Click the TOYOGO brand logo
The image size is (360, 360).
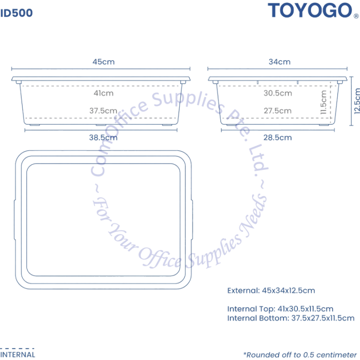tap(310, 10)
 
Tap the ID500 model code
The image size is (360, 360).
tap(16, 13)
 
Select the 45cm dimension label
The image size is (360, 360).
tap(103, 62)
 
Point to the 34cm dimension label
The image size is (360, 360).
tap(279, 62)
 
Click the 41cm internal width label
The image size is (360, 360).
tap(103, 93)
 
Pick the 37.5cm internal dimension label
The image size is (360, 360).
tap(103, 110)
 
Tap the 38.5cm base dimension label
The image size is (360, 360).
tap(103, 137)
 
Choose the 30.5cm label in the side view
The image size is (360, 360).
tap(278, 93)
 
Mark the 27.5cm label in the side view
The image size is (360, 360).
tap(277, 110)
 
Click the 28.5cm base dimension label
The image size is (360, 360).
tap(277, 137)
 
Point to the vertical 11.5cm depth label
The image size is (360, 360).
tap(323, 102)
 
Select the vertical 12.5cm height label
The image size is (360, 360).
tap(357, 101)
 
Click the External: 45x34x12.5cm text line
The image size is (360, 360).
tap(271, 290)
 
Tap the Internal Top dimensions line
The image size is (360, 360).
tap(280, 309)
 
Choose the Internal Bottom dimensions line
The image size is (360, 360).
tap(291, 318)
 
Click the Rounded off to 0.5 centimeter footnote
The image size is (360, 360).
tap(300, 354)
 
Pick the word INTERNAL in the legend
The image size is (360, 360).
tap(17, 354)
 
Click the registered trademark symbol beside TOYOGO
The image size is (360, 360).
tap(356, 16)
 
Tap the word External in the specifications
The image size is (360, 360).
tap(243, 290)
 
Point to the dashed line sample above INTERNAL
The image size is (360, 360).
tap(17, 348)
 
